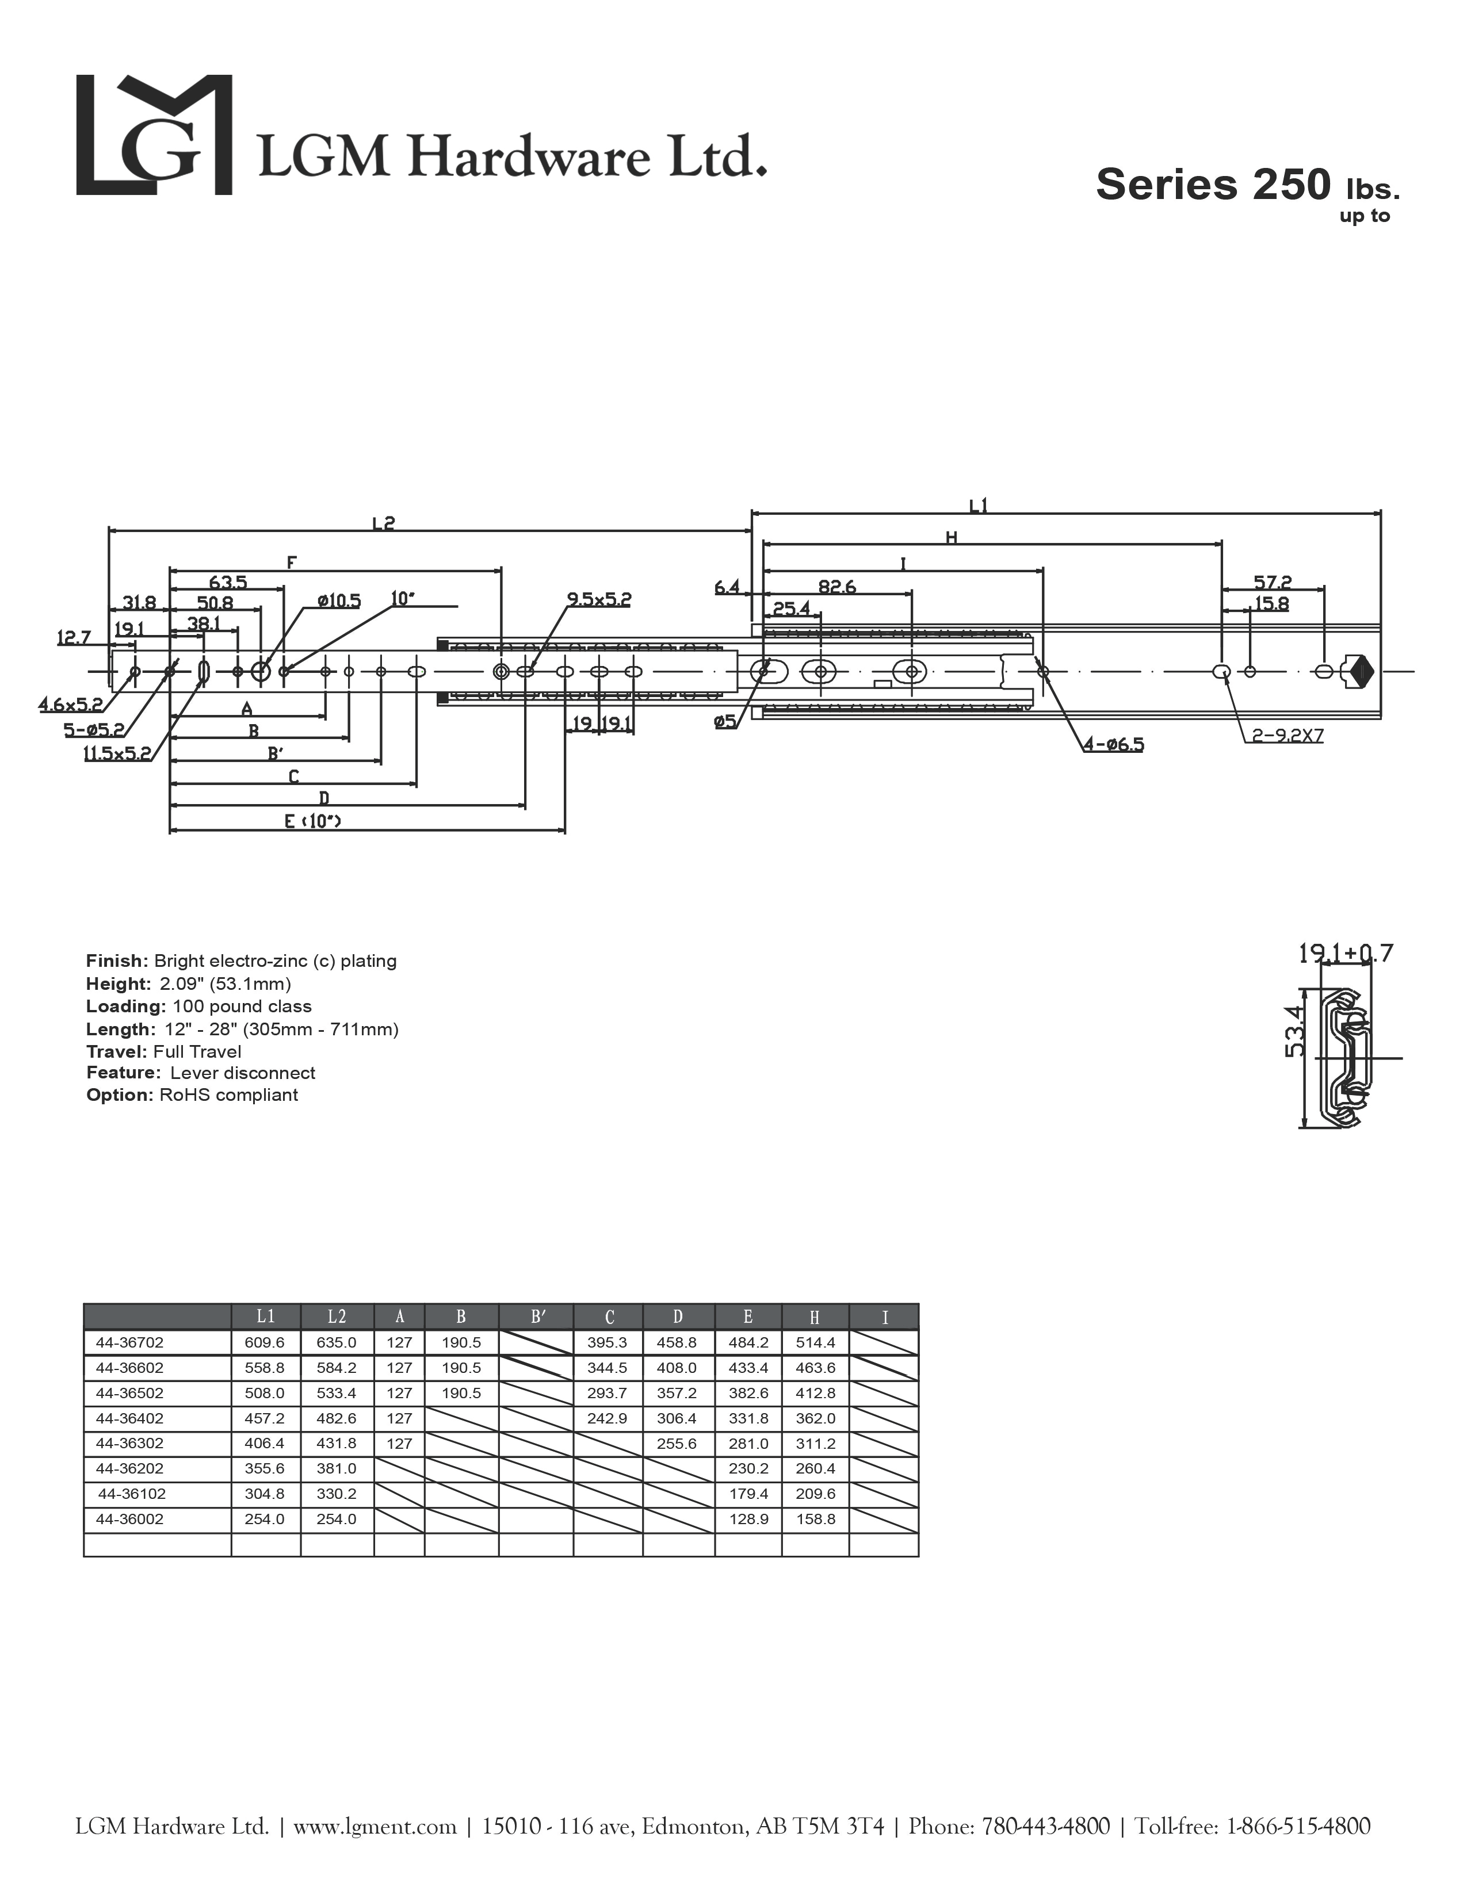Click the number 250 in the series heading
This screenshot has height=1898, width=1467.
pyautogui.click(x=1290, y=184)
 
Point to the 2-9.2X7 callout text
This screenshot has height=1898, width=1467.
pyautogui.click(x=1287, y=736)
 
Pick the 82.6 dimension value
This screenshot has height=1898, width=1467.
pyautogui.click(x=837, y=587)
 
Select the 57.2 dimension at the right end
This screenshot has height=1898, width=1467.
pyautogui.click(x=1273, y=581)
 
